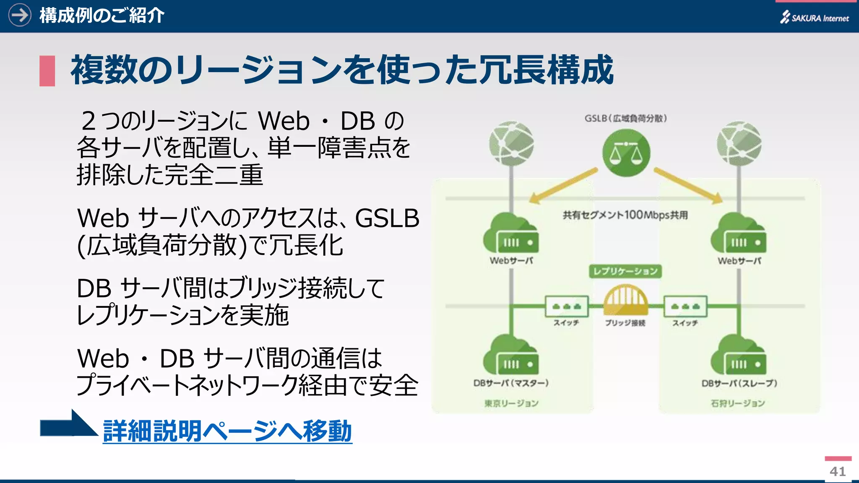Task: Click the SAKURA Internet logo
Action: (814, 18)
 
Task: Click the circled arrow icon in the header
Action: (20, 15)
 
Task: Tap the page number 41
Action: (838, 471)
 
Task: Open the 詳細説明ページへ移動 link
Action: (227, 431)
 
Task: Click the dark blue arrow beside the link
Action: (67, 425)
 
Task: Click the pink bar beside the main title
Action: (47, 71)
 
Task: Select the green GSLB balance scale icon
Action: (626, 153)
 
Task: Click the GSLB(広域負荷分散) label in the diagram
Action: (625, 119)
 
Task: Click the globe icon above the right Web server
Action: (739, 143)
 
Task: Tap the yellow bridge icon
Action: (625, 299)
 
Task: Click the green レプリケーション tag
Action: (625, 271)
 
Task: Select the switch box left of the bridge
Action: (567, 306)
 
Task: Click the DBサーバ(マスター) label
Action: (511, 383)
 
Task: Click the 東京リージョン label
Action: (511, 403)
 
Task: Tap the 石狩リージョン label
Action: (738, 403)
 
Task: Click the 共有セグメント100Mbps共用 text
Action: (625, 215)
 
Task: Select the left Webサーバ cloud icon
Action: (511, 234)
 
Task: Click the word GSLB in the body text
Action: (387, 218)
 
